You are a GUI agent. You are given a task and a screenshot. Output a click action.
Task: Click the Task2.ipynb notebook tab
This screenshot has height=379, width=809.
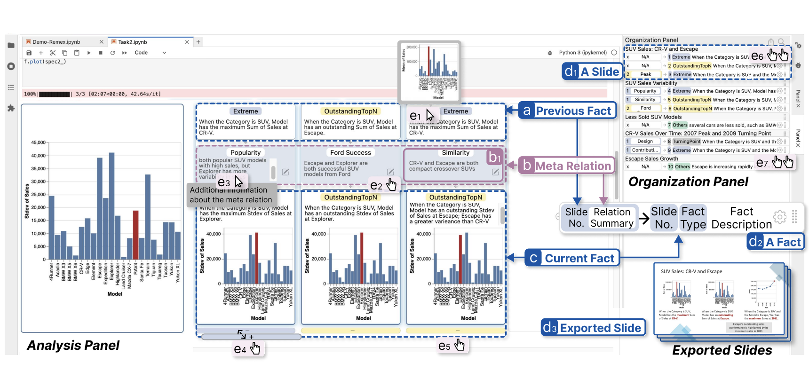133,42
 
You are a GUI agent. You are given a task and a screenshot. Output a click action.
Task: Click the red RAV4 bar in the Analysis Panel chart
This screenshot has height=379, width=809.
136,235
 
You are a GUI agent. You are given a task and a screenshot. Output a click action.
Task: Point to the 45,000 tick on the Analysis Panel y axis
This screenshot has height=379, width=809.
38,142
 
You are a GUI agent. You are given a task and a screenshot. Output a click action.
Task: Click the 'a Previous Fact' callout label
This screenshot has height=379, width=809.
568,111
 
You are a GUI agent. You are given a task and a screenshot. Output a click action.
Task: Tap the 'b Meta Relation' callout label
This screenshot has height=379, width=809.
567,166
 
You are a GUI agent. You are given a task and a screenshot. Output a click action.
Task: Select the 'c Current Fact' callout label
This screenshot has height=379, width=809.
572,259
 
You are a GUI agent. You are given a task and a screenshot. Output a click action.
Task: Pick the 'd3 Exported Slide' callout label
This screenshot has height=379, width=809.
593,328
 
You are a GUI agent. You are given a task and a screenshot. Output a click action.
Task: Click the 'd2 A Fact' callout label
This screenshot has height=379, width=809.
776,242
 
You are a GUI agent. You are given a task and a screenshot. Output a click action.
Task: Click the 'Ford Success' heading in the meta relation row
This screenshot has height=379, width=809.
350,153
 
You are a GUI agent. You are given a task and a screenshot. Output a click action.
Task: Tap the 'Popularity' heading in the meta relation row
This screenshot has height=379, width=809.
246,153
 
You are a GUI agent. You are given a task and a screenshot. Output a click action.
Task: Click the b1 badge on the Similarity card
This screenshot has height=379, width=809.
494,157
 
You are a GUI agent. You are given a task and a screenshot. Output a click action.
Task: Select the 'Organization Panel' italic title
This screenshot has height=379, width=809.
688,182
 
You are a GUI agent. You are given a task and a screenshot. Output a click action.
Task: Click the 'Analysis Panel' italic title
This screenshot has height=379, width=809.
73,346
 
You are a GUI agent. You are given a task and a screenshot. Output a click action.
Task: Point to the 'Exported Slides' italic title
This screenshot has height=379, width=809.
722,350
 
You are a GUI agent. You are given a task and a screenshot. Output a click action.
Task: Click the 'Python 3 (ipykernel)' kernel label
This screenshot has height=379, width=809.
583,53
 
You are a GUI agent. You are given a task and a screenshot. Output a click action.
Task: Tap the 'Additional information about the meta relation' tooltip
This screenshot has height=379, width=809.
230,195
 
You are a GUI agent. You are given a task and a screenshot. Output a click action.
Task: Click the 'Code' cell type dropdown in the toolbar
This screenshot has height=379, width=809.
150,53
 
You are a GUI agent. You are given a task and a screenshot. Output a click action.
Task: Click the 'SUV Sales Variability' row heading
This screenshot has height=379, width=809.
651,83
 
